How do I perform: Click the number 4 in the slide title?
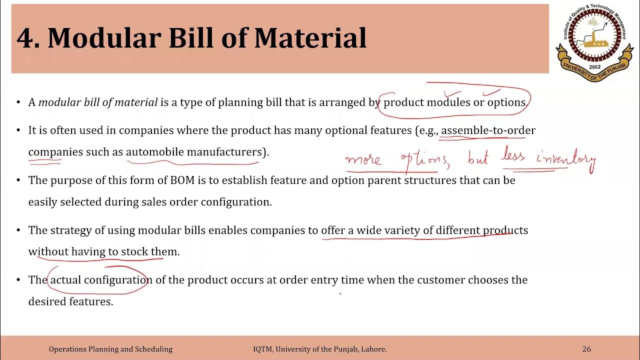[x=25, y=38]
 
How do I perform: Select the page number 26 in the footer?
[x=586, y=349]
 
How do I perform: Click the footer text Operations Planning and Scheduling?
[x=110, y=349]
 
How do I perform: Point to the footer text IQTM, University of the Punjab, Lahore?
[x=320, y=349]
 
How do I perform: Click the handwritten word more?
[x=363, y=159]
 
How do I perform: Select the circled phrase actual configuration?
[x=101, y=280]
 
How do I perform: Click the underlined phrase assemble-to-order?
[x=488, y=130]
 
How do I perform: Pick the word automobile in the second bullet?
[x=155, y=152]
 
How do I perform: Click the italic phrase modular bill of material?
[x=98, y=102]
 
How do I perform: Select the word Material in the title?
[x=311, y=38]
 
